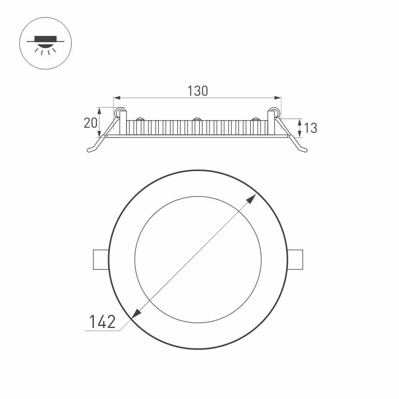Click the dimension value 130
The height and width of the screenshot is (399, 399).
coord(198,91)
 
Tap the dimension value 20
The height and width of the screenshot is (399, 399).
coord(90,123)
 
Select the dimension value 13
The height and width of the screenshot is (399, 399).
coord(310,128)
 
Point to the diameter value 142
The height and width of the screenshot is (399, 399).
coord(102,322)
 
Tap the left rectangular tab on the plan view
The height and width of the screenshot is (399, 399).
coord(101,259)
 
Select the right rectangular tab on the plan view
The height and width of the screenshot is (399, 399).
coord(295,259)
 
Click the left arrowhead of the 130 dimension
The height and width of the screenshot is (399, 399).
coord(117,98)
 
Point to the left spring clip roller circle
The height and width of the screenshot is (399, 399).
coord(119,113)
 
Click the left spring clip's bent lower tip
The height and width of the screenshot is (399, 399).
coord(91,150)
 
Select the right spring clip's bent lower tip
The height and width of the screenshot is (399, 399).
coord(304,150)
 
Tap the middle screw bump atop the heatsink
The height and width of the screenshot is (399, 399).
coord(197,119)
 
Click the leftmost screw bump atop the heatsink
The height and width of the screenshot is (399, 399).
coord(140,119)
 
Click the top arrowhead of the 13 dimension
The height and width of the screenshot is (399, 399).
coord(300,121)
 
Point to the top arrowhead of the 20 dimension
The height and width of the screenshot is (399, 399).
coord(99,110)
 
